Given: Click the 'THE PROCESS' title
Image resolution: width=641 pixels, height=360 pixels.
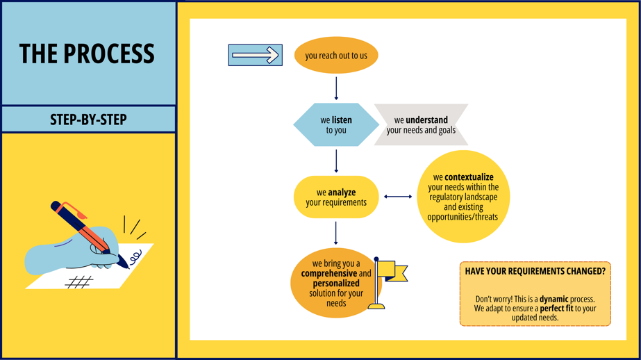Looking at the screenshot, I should [x=87, y=54].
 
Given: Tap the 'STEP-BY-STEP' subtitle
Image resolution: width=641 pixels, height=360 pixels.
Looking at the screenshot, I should [x=88, y=120].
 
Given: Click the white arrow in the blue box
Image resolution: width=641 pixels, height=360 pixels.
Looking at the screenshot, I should [x=256, y=55].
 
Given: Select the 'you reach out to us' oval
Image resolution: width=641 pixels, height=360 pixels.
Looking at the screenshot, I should [x=336, y=55].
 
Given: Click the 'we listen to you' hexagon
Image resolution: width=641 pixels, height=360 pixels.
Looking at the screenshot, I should [x=336, y=125].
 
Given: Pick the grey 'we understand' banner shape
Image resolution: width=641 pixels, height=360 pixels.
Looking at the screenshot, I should [x=421, y=125].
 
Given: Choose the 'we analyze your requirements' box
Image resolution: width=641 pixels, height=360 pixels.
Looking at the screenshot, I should [x=336, y=197].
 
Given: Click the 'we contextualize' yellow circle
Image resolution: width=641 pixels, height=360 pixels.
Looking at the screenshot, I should [x=463, y=197].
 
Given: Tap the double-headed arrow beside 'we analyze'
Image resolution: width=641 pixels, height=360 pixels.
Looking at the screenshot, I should [x=398, y=197].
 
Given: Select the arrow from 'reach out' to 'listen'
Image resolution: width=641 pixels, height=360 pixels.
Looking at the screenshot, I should [x=336, y=89].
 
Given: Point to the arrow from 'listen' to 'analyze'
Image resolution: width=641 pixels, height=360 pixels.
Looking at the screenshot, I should [x=336, y=161].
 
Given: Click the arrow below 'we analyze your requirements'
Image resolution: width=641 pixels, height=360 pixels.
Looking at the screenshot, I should [x=336, y=234].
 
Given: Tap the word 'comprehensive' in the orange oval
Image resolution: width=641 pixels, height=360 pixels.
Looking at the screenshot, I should [x=329, y=274].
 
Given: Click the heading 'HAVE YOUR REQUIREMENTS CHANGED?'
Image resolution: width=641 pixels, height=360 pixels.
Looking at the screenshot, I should [x=535, y=271].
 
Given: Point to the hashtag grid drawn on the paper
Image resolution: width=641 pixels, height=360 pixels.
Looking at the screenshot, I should [x=79, y=281].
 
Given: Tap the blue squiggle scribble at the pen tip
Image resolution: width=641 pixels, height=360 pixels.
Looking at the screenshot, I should [x=135, y=257].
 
